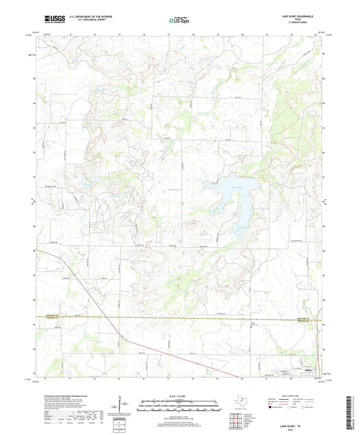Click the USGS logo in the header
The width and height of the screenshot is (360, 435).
pyautogui.click(x=49, y=21)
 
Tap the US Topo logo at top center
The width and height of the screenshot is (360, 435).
pyautogui.click(x=178, y=22)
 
